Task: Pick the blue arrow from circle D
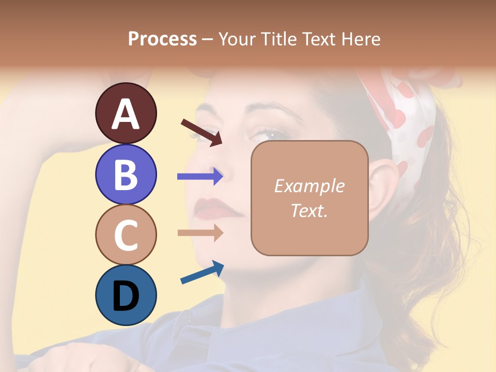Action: coord(202,272)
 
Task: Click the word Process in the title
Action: coord(162,39)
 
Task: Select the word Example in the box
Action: coord(309,186)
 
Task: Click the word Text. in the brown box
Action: coord(309,210)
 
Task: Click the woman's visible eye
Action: coord(266,135)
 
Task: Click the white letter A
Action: coord(126,114)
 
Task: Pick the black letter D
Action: coord(126,296)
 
